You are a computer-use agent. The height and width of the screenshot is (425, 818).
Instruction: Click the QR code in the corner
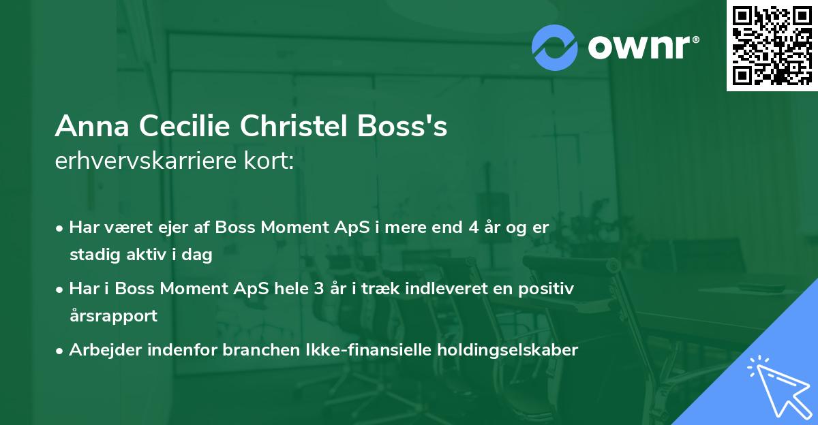pyautogui.click(x=772, y=45)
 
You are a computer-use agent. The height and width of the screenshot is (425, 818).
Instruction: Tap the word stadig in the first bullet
pyautogui.click(x=91, y=255)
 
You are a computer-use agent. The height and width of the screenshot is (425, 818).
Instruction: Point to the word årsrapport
pyautogui.click(x=113, y=316)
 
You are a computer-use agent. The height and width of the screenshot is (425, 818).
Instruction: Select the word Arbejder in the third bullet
pyautogui.click(x=100, y=350)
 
